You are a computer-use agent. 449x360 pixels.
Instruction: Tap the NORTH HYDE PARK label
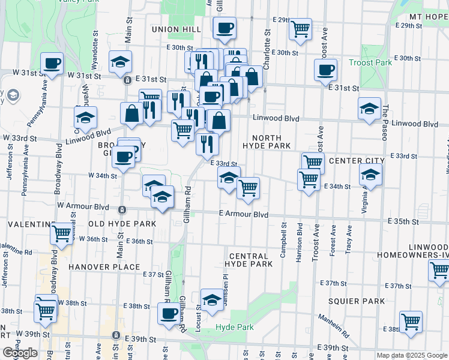(x=267, y=142)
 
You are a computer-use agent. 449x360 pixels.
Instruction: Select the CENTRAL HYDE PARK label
(x=249, y=259)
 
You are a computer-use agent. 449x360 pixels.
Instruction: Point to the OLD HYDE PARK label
(x=122, y=224)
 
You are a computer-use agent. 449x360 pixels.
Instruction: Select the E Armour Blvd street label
(x=243, y=214)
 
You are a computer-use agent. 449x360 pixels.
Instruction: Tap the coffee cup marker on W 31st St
(x=52, y=63)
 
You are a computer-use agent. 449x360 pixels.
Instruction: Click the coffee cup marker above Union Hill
(x=224, y=28)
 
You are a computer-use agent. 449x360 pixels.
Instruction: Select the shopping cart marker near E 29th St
(x=300, y=29)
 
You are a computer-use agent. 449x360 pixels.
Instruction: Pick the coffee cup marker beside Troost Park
(x=325, y=70)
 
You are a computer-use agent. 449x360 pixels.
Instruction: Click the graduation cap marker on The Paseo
(x=370, y=109)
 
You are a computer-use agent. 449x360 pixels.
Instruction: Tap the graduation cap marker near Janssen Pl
(x=211, y=301)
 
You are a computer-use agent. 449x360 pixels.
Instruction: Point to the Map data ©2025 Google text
(x=411, y=355)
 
